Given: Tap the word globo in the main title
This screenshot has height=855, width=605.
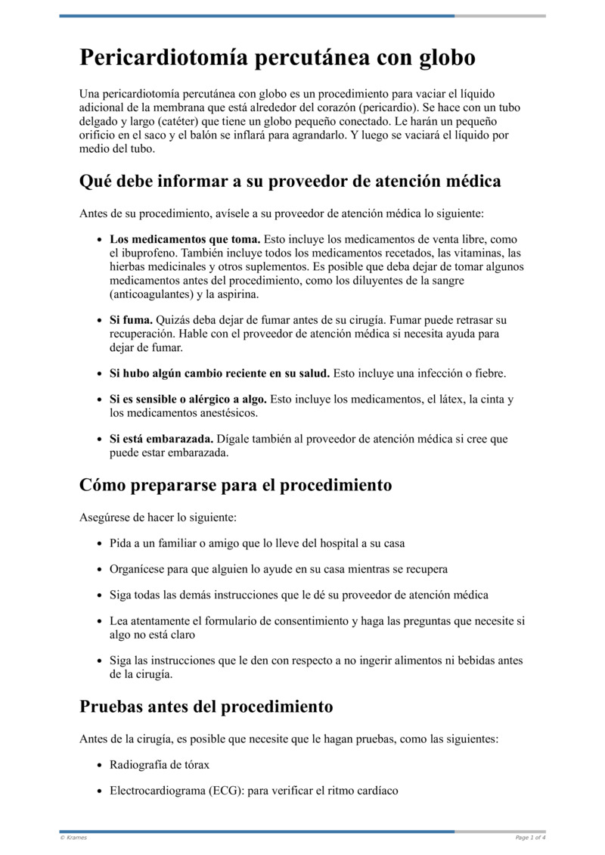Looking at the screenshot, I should [x=442, y=58].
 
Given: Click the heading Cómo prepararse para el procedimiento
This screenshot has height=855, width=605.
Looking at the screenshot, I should [x=235, y=485].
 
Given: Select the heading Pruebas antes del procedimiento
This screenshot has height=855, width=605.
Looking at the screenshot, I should [x=206, y=707].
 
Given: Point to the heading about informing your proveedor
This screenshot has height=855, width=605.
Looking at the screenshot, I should [x=290, y=182].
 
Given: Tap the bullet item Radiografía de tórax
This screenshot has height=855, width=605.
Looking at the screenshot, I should [x=160, y=765].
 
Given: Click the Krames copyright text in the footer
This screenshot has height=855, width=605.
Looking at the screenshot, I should [x=73, y=838].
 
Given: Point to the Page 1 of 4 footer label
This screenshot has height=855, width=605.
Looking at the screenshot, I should [x=530, y=838].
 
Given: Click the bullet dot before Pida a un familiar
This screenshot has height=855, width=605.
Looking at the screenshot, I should [x=101, y=543].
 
